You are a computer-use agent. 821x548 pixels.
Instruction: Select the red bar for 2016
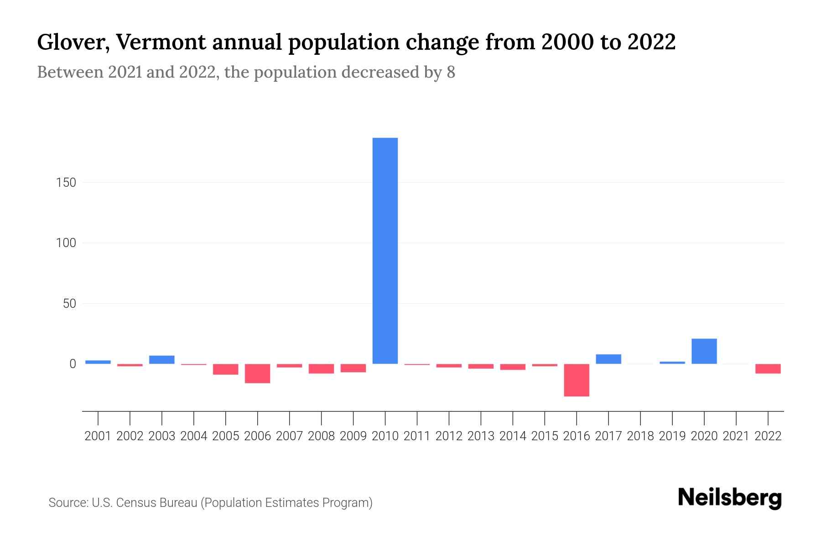pyautogui.click(x=577, y=380)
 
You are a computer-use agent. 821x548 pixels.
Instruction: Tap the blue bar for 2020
pyautogui.click(x=704, y=351)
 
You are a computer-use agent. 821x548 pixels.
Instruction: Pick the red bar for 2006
pyautogui.click(x=258, y=374)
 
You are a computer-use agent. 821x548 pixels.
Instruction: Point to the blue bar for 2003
pyautogui.click(x=162, y=360)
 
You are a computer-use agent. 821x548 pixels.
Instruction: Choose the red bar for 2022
pyautogui.click(x=768, y=369)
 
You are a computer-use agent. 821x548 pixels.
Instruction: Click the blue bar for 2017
pyautogui.click(x=608, y=359)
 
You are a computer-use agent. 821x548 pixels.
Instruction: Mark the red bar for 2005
pyautogui.click(x=226, y=369)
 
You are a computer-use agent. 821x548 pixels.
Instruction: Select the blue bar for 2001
pyautogui.click(x=98, y=362)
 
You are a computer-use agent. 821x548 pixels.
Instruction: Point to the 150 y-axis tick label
pyautogui.click(x=66, y=183)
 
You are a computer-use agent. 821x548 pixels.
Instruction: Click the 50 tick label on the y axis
pyautogui.click(x=69, y=304)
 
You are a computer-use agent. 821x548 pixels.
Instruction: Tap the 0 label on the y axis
pyautogui.click(x=73, y=364)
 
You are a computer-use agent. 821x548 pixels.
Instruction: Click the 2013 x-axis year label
pyautogui.click(x=481, y=436)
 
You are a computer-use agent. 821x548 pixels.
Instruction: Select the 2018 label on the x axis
pyautogui.click(x=640, y=436)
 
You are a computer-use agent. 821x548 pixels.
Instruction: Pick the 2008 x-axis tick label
pyautogui.click(x=321, y=436)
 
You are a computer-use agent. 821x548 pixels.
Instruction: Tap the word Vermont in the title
pyautogui.click(x=160, y=42)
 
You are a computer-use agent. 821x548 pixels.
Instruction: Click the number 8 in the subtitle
pyautogui.click(x=451, y=72)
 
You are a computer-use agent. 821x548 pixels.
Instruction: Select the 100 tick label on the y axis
pyautogui.click(x=66, y=243)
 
